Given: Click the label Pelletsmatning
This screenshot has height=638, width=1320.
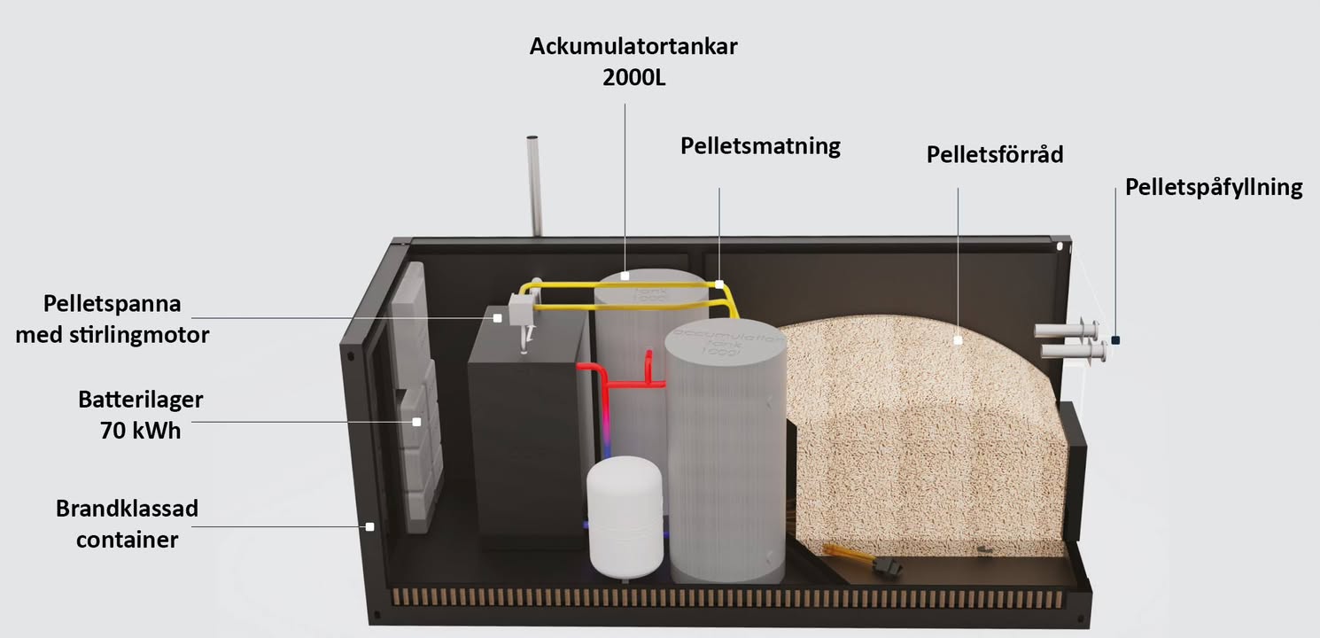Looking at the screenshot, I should point(760,146).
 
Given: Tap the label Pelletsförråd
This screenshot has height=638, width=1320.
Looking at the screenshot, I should point(994,154).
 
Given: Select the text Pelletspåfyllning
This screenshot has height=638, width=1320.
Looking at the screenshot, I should point(1213,188).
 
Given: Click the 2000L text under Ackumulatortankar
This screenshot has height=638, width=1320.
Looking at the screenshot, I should point(633,76).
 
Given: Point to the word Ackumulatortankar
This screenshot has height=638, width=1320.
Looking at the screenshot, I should point(633,46).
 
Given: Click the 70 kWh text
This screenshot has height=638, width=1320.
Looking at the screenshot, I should point(141,432).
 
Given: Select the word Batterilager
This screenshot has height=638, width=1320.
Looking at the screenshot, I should point(141,400).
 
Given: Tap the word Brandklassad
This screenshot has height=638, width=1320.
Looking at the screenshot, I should point(127,510).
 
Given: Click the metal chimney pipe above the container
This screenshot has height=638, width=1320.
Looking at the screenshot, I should point(533,186).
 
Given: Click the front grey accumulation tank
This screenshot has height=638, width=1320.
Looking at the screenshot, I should point(726,461).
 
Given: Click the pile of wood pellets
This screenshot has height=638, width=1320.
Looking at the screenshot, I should point(921,425).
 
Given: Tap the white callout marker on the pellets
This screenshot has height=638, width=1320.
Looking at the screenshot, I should point(958,339).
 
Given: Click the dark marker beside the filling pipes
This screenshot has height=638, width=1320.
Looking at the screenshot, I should point(1115,339).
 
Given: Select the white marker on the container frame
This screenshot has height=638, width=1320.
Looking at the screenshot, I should point(369,526).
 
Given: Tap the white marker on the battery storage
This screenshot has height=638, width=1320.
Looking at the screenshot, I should point(415,423).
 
